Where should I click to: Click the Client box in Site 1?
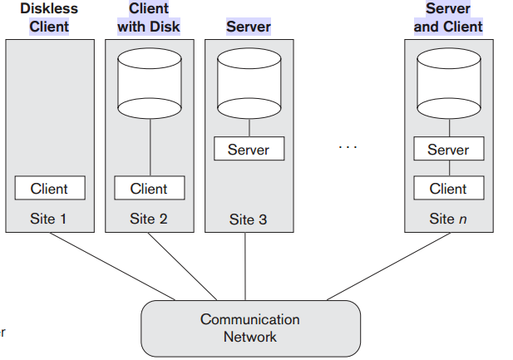coord(49,188)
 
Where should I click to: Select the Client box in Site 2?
coord(149,188)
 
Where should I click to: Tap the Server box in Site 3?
coord(249,149)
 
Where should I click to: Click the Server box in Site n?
coord(448,150)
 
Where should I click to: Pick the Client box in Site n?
coord(448,188)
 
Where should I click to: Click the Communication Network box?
coord(250,328)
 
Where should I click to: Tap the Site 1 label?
coord(49,219)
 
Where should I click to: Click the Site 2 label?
coord(149,219)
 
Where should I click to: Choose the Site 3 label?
coord(249,220)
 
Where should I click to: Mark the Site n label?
coord(448,219)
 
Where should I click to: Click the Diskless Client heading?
coord(49,17)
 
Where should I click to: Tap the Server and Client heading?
coord(448,17)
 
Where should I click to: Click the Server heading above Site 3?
coord(249,26)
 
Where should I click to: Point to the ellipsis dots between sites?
coord(348,147)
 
